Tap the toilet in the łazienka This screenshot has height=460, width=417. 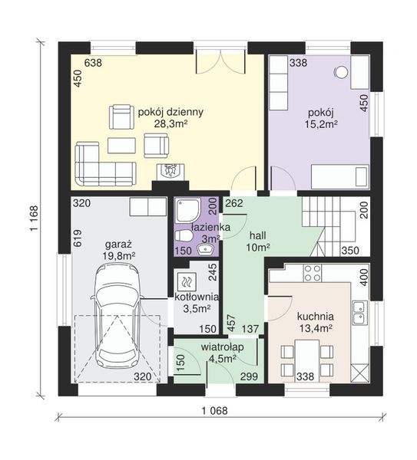coord(184,236)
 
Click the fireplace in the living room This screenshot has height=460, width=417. coord(170,172)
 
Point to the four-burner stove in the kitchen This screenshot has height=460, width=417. coord(312,273)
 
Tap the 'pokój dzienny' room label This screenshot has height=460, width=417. coord(170,112)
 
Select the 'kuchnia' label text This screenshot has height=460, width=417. coord(316,317)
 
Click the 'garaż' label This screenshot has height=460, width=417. coord(118,245)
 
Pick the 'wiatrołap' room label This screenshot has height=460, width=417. coord(223,347)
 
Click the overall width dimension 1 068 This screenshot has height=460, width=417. coord(214,411)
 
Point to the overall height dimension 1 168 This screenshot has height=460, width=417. coord(35,219)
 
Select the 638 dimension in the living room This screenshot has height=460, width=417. coord(93,63)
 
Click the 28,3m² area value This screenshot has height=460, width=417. coord(170,123)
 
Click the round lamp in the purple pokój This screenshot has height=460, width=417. coord(342,72)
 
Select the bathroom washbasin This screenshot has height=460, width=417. coord(205,249)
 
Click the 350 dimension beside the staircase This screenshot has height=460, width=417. coord(350,251)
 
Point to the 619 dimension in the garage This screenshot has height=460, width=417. coord(78,238)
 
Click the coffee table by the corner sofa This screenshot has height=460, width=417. coord(121,146)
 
